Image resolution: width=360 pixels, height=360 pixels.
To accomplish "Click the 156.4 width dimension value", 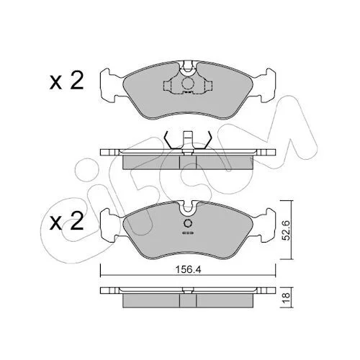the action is (188, 270).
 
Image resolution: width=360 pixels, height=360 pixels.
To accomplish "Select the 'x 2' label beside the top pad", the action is (66, 81).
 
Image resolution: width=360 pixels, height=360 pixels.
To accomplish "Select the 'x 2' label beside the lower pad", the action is (66, 221).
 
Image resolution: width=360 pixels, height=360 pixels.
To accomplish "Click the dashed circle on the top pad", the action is (187, 84).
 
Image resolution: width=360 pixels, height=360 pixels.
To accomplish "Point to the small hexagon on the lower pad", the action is (188, 223).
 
